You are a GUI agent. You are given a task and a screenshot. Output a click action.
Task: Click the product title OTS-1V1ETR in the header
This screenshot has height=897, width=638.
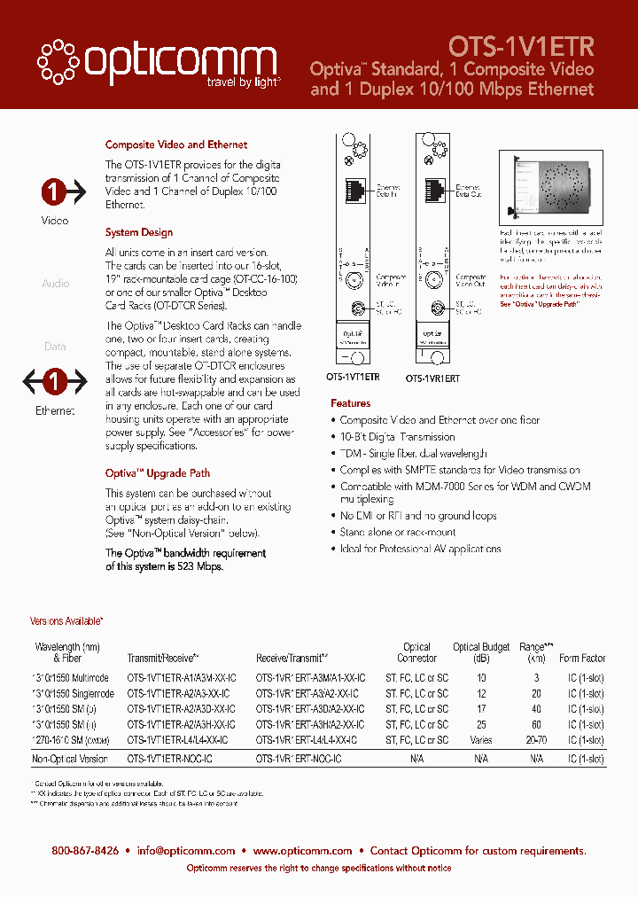[521, 45]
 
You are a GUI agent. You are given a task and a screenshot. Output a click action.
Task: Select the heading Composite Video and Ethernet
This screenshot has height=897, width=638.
[176, 144]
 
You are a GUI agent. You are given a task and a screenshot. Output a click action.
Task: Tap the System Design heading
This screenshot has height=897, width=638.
[139, 232]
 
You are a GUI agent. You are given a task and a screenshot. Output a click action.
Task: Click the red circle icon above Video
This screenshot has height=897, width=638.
[54, 191]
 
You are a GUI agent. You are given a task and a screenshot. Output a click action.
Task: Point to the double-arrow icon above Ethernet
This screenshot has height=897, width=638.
[54, 382]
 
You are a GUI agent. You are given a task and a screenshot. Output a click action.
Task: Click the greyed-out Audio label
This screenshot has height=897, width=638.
[55, 284]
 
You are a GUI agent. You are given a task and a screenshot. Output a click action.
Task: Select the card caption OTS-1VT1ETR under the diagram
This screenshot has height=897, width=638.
[354, 377]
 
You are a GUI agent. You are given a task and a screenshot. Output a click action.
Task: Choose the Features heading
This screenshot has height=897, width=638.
[350, 403]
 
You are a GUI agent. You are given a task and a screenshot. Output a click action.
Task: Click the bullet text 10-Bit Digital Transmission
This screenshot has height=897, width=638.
[398, 437]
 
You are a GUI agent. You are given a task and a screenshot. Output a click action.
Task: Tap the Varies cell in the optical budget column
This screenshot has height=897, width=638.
[481, 739]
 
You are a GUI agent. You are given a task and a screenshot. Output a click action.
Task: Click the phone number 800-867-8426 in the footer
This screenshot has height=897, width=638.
[85, 850]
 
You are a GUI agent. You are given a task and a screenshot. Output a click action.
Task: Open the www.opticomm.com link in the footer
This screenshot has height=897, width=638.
[302, 850]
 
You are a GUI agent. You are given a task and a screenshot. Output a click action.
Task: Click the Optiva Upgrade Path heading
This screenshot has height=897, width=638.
[158, 473]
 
